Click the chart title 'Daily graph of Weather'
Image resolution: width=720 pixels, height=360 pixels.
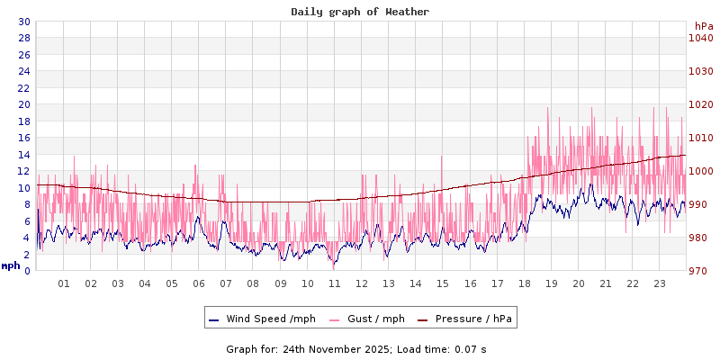[x=360, y=12]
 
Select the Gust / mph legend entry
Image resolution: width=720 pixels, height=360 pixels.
[x=374, y=319]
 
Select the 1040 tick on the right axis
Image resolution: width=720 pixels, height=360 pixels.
[x=700, y=38]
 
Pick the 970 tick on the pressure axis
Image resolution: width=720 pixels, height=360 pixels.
[x=700, y=271]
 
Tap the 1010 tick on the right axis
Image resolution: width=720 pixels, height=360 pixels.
[x=700, y=138]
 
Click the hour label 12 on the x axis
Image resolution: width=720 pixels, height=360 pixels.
[x=362, y=283]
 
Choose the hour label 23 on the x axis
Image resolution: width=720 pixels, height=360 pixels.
[x=660, y=283]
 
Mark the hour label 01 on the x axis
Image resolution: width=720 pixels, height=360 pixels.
[x=64, y=283]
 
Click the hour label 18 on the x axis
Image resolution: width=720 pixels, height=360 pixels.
[x=524, y=283]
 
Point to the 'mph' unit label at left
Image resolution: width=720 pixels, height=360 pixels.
[x=11, y=265]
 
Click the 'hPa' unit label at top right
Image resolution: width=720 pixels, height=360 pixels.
[x=703, y=25]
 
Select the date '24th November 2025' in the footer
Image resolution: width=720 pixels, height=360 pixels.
[x=336, y=349]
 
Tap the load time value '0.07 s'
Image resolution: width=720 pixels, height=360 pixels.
[x=471, y=349]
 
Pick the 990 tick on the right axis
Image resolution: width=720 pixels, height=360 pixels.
[x=700, y=204]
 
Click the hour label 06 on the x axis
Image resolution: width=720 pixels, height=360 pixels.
[x=199, y=283]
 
